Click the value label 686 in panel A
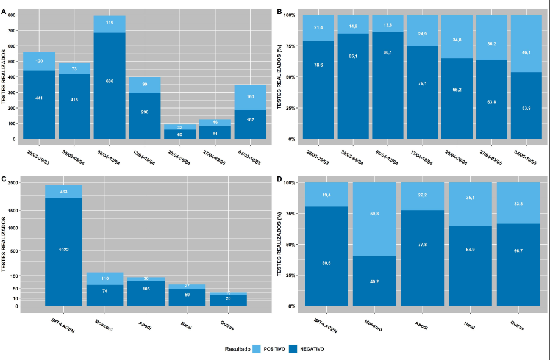point(109,81)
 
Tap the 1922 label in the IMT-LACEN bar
point(64,250)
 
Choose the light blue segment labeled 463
point(64,192)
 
